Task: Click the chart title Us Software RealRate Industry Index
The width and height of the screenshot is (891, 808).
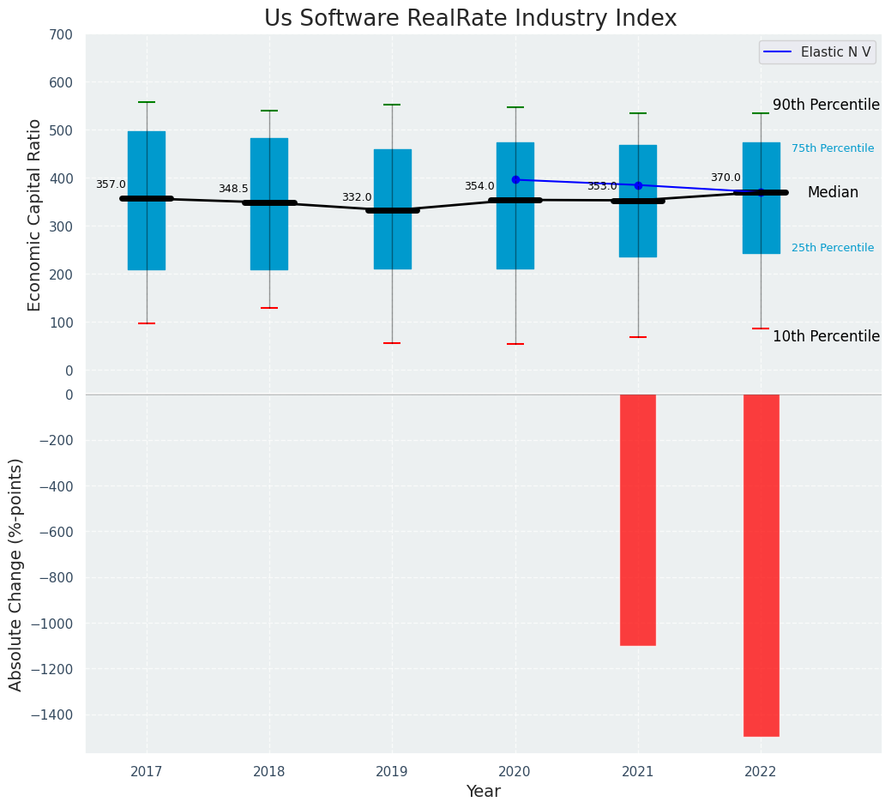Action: (470, 19)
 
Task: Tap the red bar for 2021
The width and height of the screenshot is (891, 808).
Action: (638, 519)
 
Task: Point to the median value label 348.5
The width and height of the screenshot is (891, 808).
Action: (233, 189)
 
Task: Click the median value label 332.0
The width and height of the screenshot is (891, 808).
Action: (357, 197)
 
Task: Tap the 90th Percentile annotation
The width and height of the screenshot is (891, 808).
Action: (826, 105)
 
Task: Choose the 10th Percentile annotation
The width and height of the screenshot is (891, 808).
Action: (826, 336)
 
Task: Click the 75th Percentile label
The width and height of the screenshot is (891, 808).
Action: (833, 148)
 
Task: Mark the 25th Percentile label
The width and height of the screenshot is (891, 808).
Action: (833, 248)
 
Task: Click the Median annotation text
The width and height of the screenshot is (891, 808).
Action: (833, 193)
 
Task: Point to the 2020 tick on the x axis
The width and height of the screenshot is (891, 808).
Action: (515, 772)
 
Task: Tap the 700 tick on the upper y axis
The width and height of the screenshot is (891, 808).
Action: (61, 35)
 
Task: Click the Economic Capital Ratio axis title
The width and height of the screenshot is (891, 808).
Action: (35, 214)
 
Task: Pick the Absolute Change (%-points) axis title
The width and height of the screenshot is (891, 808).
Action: (16, 574)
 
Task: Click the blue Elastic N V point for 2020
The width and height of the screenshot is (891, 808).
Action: (515, 180)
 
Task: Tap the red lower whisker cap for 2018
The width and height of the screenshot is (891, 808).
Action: (269, 308)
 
